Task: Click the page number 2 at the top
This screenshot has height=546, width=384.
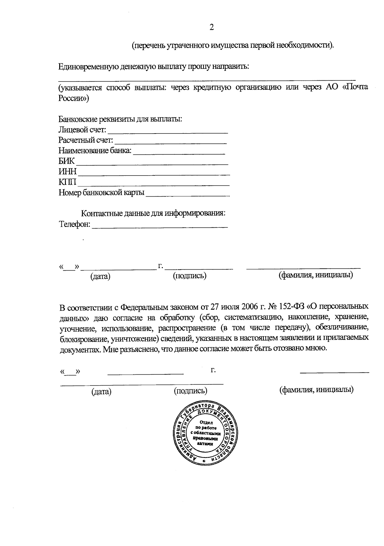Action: click(212, 28)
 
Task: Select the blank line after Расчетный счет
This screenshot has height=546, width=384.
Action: click(171, 142)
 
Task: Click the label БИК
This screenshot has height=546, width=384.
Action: click(67, 161)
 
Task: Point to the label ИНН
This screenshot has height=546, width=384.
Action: click(68, 172)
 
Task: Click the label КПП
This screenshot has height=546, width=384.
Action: click(68, 182)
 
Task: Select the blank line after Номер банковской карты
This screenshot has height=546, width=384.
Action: click(188, 195)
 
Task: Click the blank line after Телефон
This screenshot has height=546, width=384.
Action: click(160, 226)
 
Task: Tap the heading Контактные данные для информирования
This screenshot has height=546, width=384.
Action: click(153, 213)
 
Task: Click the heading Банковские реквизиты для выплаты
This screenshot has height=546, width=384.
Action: click(120, 119)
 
